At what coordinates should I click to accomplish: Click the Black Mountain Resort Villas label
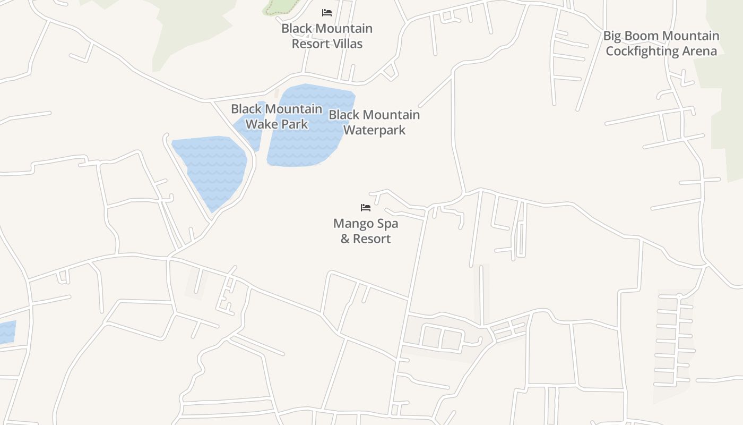327,36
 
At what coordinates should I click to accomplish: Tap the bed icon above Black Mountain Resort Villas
327,12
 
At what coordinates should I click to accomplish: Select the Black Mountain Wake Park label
277,116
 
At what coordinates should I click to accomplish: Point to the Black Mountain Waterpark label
374,122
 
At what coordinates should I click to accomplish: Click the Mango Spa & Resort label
366,231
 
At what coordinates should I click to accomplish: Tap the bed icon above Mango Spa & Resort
366,208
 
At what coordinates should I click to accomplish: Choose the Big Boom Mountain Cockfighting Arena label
661,44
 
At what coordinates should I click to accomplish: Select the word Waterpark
374,130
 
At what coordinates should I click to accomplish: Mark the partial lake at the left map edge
7,332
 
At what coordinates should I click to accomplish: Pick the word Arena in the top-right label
700,52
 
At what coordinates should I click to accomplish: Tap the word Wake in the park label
259,124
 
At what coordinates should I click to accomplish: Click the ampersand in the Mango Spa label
345,239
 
